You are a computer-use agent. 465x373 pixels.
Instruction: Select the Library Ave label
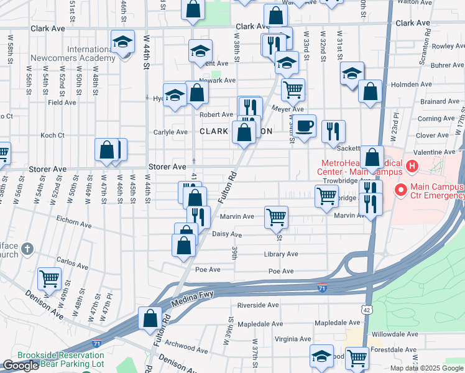click(280, 254)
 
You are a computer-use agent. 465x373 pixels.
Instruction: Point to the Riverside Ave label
click(259, 305)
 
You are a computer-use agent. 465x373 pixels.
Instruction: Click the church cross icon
click(26, 249)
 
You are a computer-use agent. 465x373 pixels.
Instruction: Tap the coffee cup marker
click(305, 126)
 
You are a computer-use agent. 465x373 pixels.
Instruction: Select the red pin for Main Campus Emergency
click(400, 189)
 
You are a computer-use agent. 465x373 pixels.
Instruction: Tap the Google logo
click(21, 366)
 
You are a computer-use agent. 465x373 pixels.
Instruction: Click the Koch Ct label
click(52, 135)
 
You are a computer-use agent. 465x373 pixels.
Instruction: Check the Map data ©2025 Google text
click(426, 368)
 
